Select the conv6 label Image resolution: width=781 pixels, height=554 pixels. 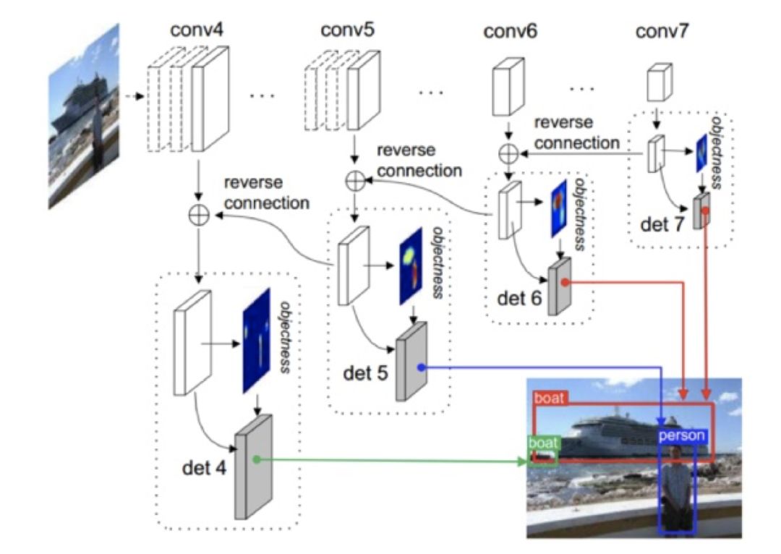[511, 32]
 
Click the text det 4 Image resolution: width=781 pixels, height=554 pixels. [203, 467]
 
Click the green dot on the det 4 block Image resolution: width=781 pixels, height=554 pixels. [256, 459]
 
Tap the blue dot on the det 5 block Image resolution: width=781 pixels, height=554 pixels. [421, 367]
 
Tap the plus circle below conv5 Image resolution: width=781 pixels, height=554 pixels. [354, 180]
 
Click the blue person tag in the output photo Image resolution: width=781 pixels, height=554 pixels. [681, 436]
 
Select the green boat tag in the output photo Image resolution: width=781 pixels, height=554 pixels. [540, 443]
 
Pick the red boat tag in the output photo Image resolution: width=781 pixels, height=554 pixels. [549, 398]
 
